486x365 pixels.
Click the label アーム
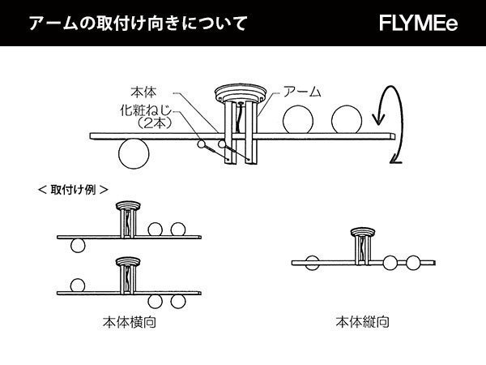[x=297, y=91]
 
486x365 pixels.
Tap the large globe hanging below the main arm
[x=132, y=152]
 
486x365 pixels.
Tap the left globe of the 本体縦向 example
[x=313, y=261]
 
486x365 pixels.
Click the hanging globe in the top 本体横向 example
[x=78, y=245]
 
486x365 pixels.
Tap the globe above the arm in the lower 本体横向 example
[x=78, y=286]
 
